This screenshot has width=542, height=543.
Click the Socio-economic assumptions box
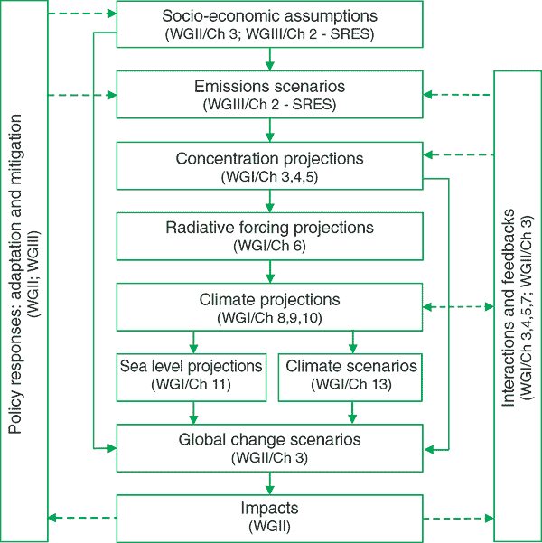269,24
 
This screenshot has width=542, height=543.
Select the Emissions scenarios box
269,94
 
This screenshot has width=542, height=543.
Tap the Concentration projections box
269,165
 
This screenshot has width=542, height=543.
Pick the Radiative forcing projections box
269,235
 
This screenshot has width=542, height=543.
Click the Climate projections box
269,306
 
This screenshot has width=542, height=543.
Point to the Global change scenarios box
269,446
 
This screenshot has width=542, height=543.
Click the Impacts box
269,516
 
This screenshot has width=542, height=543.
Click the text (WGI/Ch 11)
192,386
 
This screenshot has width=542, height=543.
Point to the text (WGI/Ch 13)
351,386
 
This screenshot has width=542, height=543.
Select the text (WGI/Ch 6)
269,245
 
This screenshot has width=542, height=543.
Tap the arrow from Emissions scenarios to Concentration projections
269,129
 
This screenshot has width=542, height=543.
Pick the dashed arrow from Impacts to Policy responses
81,518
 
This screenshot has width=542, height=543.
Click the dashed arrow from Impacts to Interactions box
458,518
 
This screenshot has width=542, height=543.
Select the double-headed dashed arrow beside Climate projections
458,307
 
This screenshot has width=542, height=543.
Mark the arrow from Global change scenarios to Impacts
269,481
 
